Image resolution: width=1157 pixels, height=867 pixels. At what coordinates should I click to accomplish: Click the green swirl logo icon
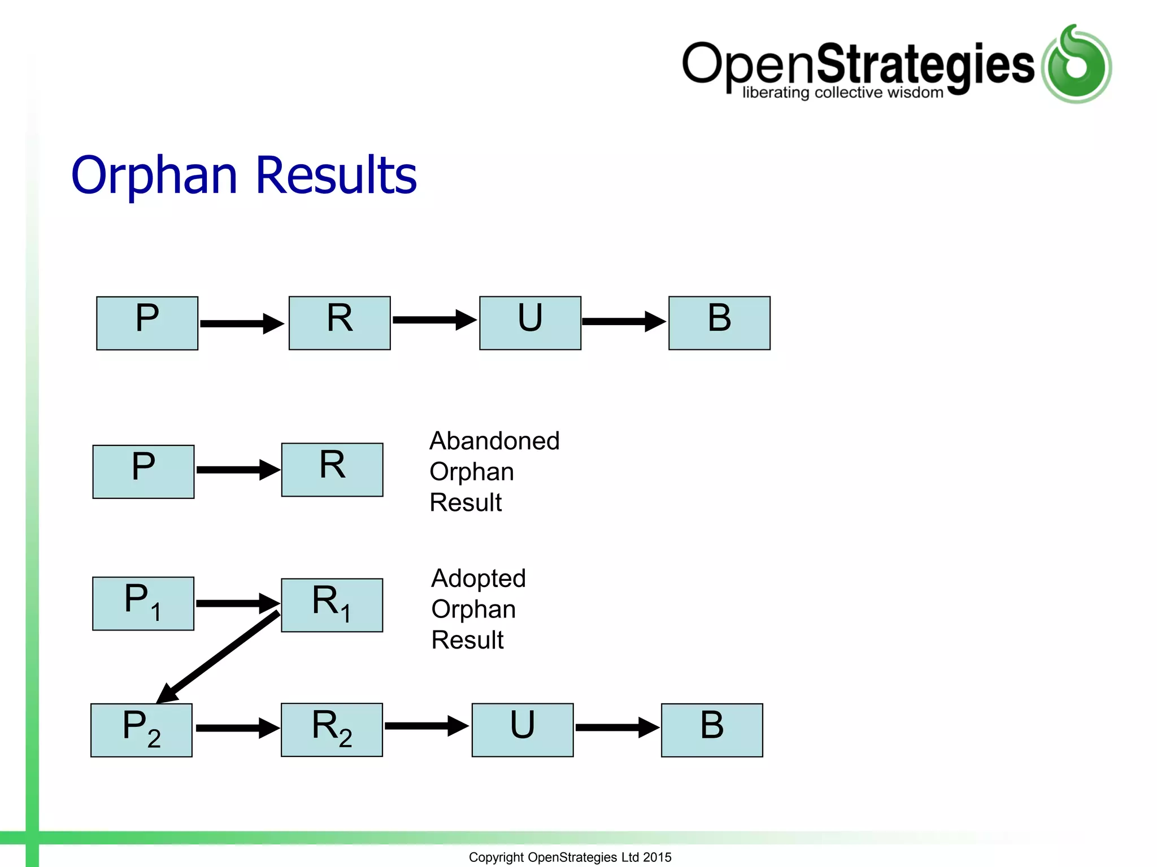[x=1076, y=64]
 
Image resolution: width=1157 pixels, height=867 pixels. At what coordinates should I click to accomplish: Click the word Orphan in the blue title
[x=154, y=176]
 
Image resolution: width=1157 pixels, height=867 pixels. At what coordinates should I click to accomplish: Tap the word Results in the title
[x=336, y=176]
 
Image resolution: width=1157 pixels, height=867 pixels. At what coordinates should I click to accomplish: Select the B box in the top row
[x=719, y=323]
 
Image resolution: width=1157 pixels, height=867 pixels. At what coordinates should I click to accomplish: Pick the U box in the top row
[x=530, y=323]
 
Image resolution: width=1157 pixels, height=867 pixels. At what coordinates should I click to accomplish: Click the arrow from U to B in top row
[x=624, y=322]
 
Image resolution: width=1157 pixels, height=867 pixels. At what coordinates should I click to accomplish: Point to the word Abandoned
[x=494, y=441]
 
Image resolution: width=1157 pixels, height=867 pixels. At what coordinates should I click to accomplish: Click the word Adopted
[x=479, y=579]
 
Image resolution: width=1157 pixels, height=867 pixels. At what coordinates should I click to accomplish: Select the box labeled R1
[x=332, y=605]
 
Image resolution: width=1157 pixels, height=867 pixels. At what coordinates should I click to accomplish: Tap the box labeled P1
[x=143, y=603]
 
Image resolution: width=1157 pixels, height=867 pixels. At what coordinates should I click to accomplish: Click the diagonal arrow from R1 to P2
[x=218, y=657]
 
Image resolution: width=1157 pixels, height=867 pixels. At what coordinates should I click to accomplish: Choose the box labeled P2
[x=141, y=730]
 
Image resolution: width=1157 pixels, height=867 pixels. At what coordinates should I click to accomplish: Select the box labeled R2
[x=332, y=729]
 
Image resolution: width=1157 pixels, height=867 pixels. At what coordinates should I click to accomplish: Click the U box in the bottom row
[x=523, y=730]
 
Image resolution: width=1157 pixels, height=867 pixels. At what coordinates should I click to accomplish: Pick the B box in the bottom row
[x=712, y=730]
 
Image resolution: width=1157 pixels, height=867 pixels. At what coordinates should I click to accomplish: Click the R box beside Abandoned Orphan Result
[x=332, y=470]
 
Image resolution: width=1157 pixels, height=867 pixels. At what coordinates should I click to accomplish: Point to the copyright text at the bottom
[x=570, y=857]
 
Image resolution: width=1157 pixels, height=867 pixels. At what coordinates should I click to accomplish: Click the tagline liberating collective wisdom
[x=842, y=93]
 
